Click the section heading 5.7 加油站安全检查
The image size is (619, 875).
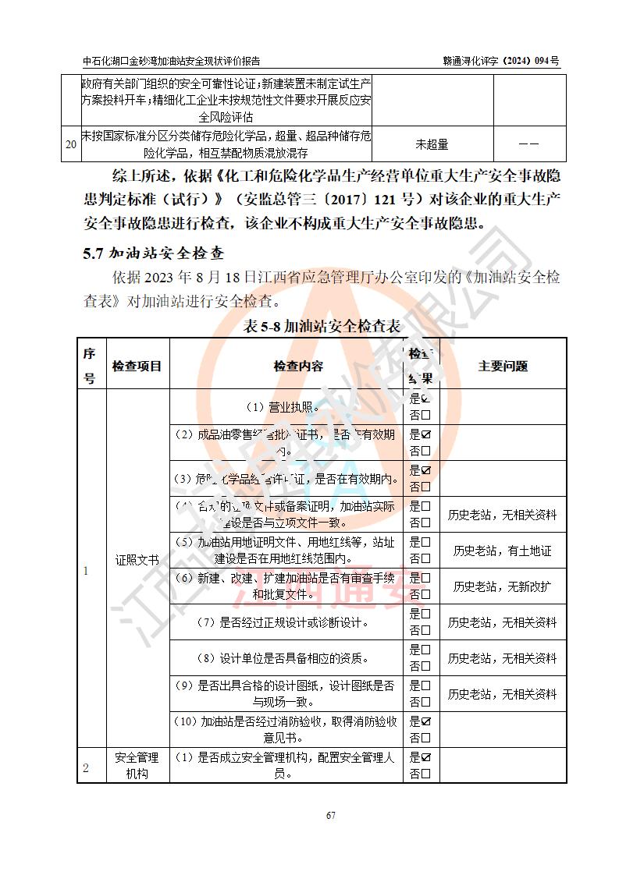[x=154, y=254]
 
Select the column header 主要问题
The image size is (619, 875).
[x=503, y=365]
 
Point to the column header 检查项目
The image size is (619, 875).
[x=137, y=365]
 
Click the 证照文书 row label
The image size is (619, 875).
[x=137, y=560]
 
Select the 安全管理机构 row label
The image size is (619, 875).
[x=137, y=765]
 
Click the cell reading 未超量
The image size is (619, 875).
[x=432, y=144]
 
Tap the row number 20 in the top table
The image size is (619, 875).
[x=71, y=144]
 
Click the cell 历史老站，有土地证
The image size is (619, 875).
[x=503, y=551]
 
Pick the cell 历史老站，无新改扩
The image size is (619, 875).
[x=503, y=586]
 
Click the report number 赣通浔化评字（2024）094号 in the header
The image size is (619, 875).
[x=501, y=61]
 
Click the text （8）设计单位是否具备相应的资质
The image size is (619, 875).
[x=287, y=657]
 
